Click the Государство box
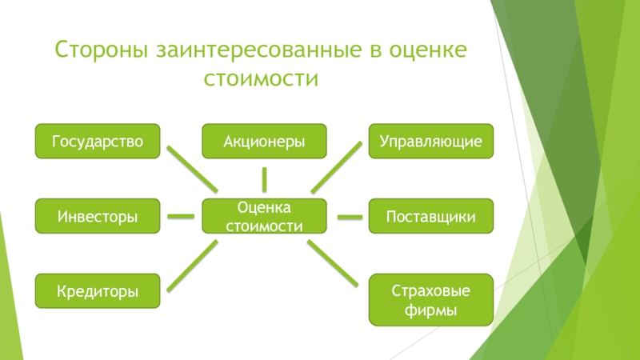[x=98, y=141]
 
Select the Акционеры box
[x=264, y=141]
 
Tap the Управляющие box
[x=431, y=141]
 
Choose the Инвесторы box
[x=98, y=216]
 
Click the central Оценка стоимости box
[x=264, y=216]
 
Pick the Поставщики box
[x=431, y=216]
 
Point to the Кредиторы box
[x=98, y=291]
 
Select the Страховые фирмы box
[x=431, y=299]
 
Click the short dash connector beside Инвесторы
[x=182, y=216]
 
